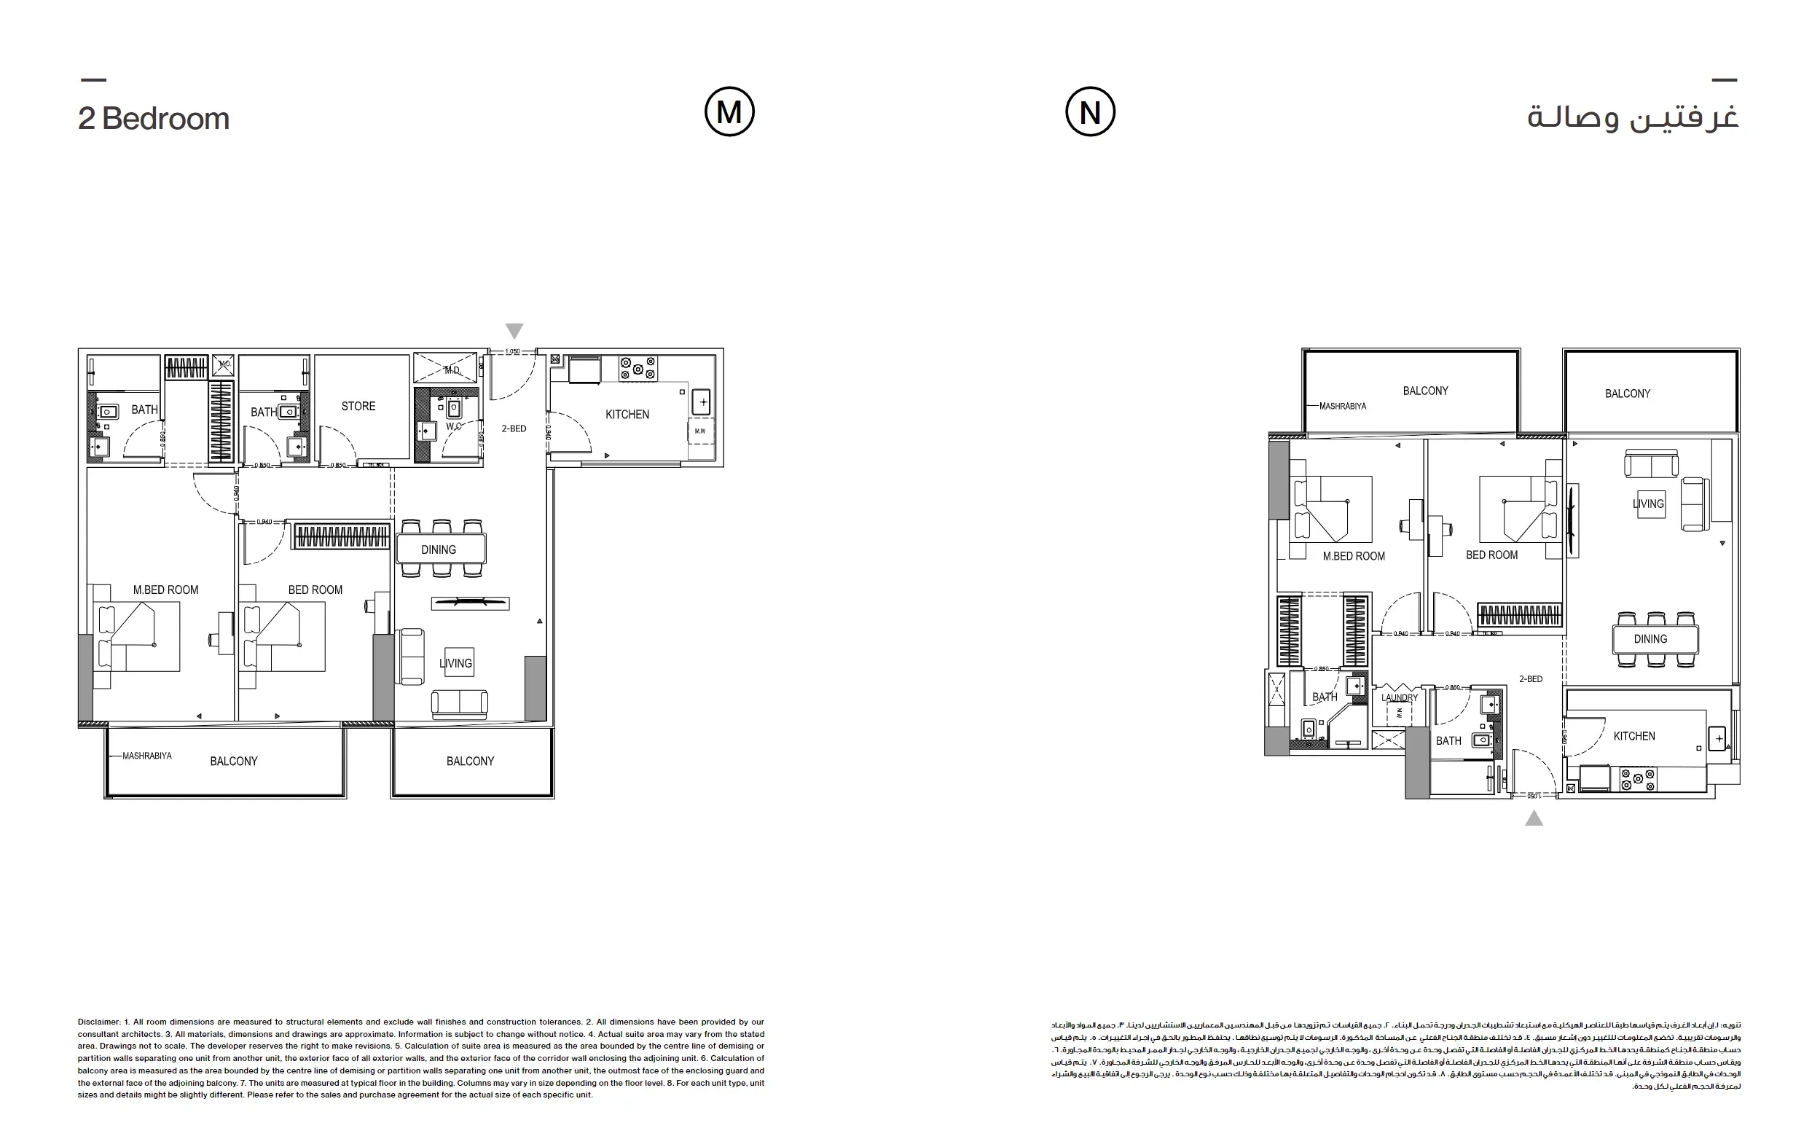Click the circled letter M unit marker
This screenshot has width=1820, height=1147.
pyautogui.click(x=729, y=112)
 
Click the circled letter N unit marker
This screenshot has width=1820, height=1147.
pyautogui.click(x=1089, y=112)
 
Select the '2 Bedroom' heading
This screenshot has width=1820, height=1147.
pyautogui.click(x=154, y=119)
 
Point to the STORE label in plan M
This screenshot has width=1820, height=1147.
pyautogui.click(x=358, y=406)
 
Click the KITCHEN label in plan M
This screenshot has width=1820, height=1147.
pyautogui.click(x=627, y=415)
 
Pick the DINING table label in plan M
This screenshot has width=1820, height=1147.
pyautogui.click(x=439, y=549)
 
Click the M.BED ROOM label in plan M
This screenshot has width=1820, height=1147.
pyautogui.click(x=165, y=590)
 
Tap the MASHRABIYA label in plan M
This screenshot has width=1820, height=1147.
pyautogui.click(x=146, y=756)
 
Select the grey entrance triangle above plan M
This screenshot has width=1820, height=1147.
pyautogui.click(x=514, y=330)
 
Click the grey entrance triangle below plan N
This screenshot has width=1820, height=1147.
pyautogui.click(x=1534, y=818)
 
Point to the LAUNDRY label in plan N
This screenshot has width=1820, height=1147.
pyautogui.click(x=1399, y=698)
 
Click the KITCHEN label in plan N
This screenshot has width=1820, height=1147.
pyautogui.click(x=1634, y=736)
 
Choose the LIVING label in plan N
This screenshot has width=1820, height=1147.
pyautogui.click(x=1649, y=504)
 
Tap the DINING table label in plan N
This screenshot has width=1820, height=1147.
pyautogui.click(x=1650, y=639)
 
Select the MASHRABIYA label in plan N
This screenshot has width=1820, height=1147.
pyautogui.click(x=1342, y=406)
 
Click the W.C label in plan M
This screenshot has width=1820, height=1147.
pyautogui.click(x=453, y=426)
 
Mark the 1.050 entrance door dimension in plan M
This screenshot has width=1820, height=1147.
pyautogui.click(x=511, y=351)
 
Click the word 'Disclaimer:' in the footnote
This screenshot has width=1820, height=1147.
pyautogui.click(x=99, y=1022)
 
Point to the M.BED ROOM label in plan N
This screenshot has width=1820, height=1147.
pyautogui.click(x=1354, y=557)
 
